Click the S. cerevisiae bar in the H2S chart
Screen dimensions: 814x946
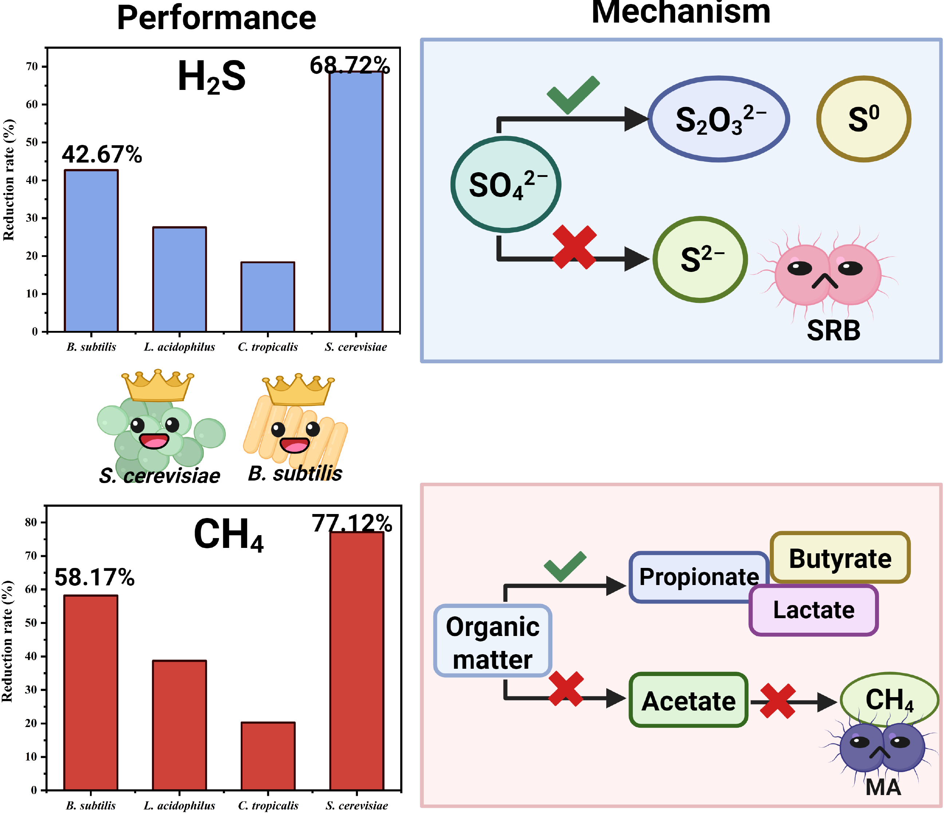(x=356, y=201)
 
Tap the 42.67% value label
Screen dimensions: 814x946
(x=102, y=154)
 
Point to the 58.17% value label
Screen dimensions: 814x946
(x=95, y=577)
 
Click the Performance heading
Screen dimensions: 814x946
(x=216, y=18)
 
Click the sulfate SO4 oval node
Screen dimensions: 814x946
(x=506, y=185)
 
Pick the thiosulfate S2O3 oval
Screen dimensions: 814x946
(x=719, y=119)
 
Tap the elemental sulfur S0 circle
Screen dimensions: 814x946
(x=863, y=119)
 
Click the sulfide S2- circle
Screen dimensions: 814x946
(x=700, y=259)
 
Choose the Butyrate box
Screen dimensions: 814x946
(x=840, y=557)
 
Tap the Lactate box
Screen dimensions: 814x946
(x=813, y=610)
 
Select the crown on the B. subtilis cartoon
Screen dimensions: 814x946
(x=299, y=390)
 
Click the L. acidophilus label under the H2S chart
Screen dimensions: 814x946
(x=180, y=347)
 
